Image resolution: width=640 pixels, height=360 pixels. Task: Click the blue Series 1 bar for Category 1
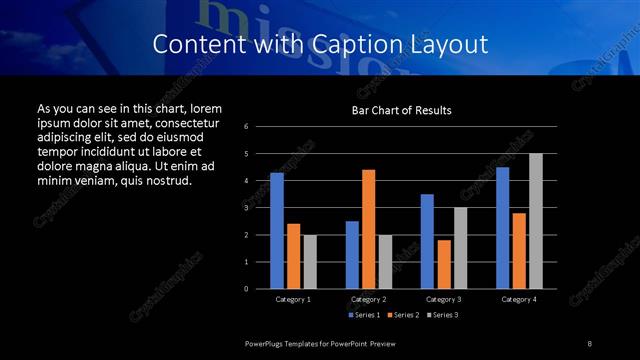click(277, 231)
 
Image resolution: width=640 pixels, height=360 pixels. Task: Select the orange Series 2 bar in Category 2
click(368, 229)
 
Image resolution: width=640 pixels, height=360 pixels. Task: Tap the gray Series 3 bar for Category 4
click(535, 221)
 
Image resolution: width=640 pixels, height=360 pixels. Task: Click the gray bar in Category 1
click(309, 262)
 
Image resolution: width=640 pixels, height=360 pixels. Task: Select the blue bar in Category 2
click(352, 255)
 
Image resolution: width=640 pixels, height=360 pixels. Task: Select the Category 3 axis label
click(443, 300)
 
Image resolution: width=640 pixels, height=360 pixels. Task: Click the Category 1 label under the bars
click(293, 300)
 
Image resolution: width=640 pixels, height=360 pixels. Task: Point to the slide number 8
click(589, 343)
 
